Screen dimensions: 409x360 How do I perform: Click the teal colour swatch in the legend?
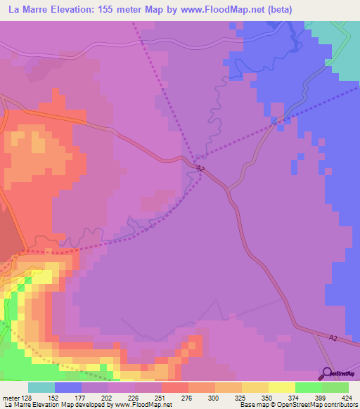[41, 387]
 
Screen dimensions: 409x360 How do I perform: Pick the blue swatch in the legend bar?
[68, 387]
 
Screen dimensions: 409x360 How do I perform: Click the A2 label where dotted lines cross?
[201, 169]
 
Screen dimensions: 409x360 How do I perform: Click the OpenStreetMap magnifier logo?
[328, 373]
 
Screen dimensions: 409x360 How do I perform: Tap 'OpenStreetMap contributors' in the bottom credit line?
[324, 405]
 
